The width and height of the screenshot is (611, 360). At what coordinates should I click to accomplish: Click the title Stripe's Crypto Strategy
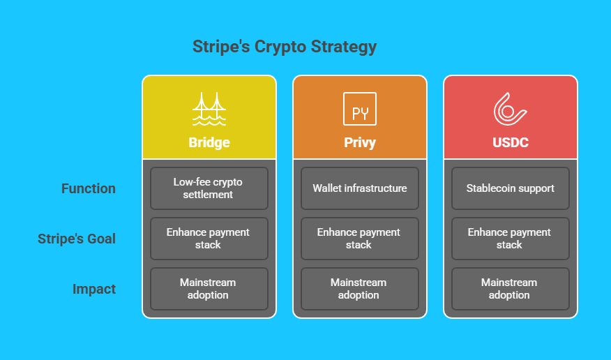pos(285,47)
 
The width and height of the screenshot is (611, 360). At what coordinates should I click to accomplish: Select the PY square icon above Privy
pos(360,109)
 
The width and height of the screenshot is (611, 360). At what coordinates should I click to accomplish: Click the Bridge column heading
pos(209,142)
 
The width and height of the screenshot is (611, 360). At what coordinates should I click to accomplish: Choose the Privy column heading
pos(360,142)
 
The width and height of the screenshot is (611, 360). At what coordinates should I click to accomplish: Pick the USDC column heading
pos(511,142)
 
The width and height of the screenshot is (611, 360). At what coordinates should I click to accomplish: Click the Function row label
pos(89,188)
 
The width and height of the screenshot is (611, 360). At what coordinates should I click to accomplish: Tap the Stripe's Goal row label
pos(77,239)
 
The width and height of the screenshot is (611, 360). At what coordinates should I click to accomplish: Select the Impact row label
pos(94,289)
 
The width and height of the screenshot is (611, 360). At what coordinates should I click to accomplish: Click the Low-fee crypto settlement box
pos(209,188)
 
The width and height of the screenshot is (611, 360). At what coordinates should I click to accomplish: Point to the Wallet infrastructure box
pos(360,188)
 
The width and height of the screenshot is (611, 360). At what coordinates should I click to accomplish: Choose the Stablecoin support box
pos(511,188)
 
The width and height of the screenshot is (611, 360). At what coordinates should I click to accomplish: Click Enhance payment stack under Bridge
pos(209,239)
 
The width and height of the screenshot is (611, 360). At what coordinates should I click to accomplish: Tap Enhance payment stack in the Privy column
pos(360,239)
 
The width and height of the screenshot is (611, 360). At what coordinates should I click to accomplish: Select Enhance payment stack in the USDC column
pos(511,239)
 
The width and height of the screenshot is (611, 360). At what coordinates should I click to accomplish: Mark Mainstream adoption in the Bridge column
pos(209,289)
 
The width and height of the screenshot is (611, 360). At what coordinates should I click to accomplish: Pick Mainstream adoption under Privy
pos(360,289)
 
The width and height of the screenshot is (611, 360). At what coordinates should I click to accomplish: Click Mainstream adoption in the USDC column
pos(511,289)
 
